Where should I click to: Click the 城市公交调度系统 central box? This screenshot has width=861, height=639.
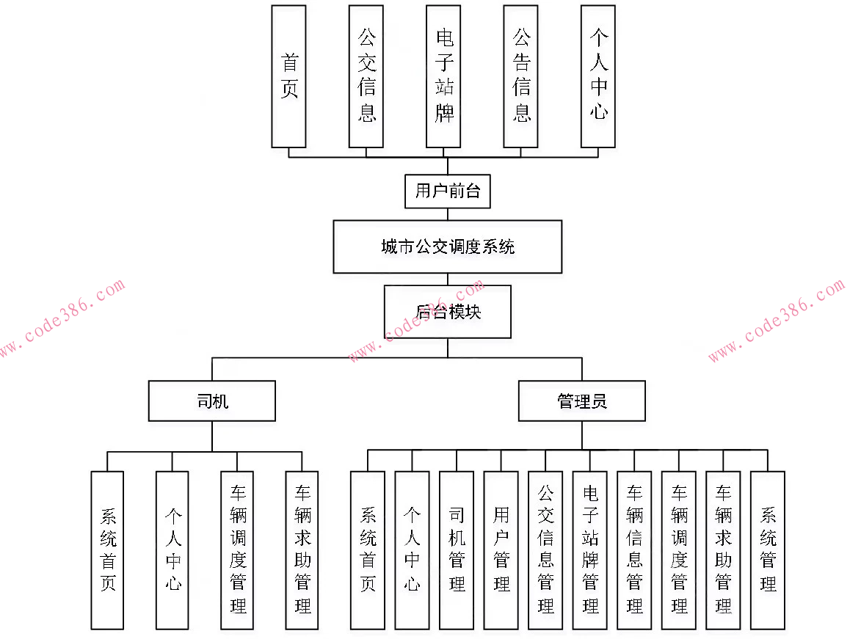[448, 247]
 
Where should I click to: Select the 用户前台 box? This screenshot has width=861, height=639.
[448, 191]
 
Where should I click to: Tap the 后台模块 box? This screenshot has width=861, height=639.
[448, 311]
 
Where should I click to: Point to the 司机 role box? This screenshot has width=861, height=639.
[212, 401]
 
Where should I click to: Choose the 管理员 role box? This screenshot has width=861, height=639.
[582, 401]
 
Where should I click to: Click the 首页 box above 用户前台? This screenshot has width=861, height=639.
[288, 76]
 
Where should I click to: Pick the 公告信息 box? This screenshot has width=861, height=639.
[521, 76]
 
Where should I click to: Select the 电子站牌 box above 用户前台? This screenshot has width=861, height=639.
[444, 76]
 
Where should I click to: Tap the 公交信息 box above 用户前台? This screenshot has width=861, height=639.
[366, 76]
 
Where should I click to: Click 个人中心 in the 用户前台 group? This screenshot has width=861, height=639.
[598, 76]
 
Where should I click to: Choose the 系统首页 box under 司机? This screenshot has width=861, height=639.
[107, 550]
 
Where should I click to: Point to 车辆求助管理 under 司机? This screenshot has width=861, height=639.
[302, 550]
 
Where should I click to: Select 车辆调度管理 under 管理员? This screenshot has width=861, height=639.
[679, 550]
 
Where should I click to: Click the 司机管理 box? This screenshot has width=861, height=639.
[457, 550]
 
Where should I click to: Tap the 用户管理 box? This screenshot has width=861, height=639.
[501, 550]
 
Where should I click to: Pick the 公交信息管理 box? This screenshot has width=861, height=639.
[545, 550]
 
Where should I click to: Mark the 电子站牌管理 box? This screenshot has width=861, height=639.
[590, 550]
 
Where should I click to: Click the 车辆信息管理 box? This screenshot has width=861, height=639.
[634, 550]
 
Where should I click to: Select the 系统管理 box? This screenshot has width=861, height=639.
[768, 550]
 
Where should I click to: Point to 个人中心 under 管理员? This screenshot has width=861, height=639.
[412, 550]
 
